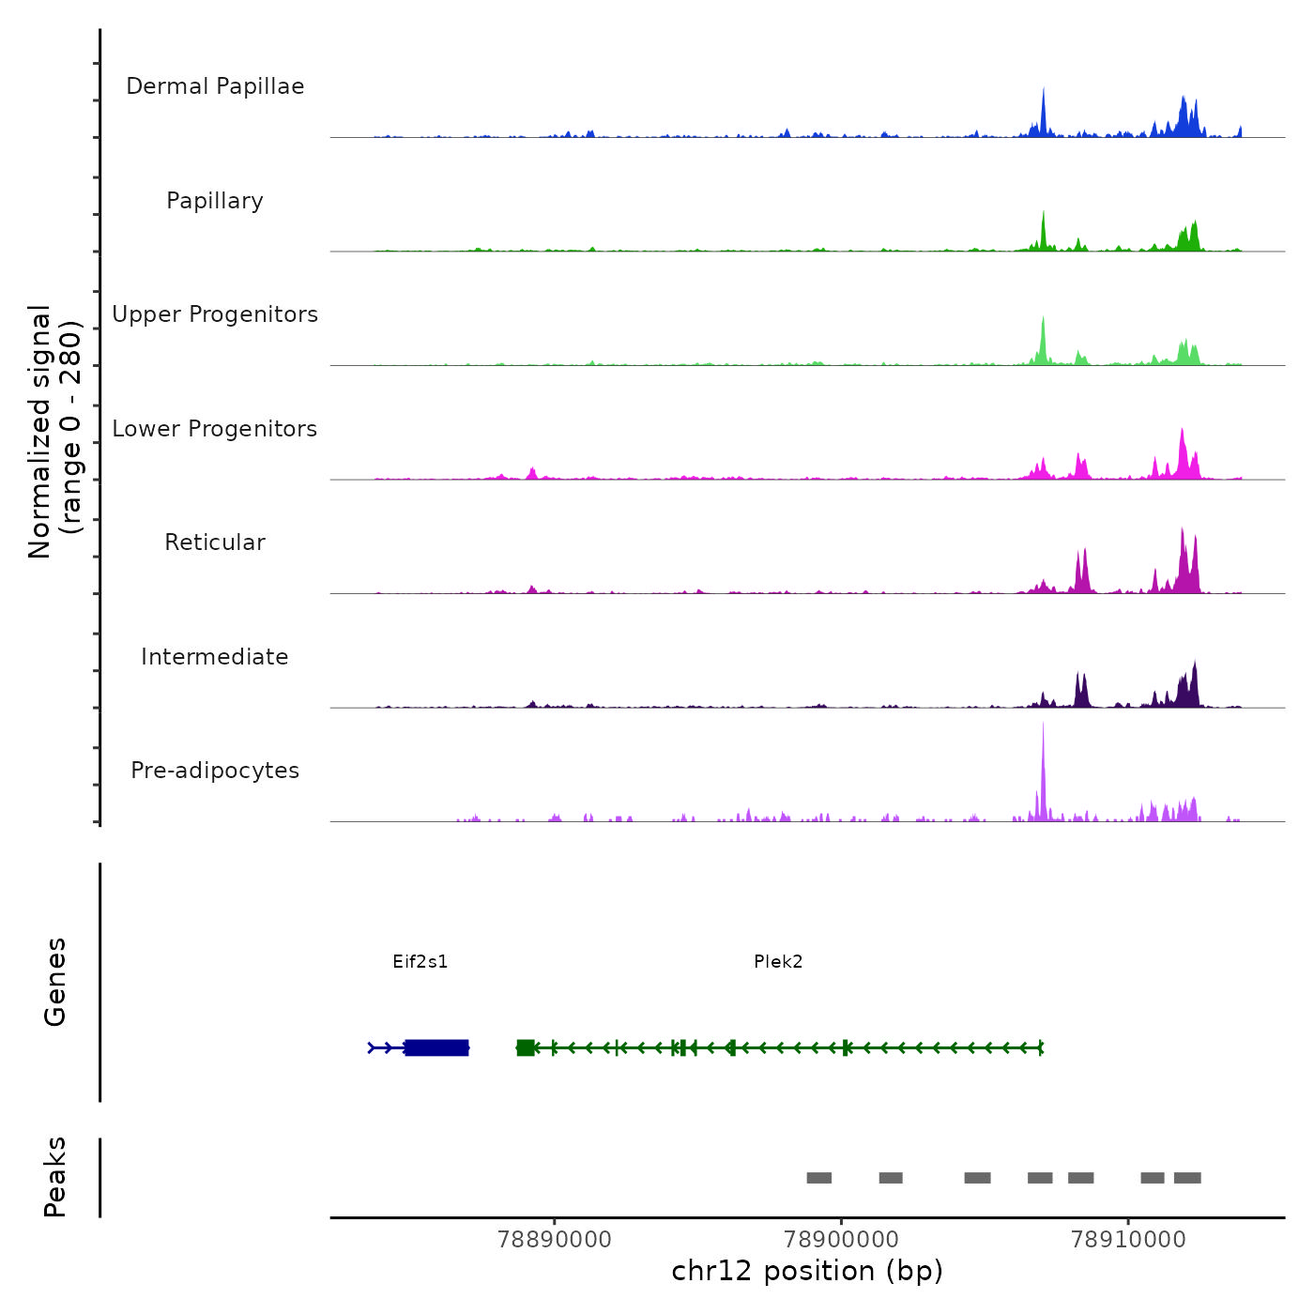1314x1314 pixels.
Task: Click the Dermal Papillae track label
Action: click(215, 86)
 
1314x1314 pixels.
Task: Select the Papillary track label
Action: click(215, 201)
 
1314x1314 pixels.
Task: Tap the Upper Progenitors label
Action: click(215, 314)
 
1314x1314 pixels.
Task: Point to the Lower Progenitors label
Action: click(215, 429)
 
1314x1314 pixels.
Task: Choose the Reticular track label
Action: click(215, 542)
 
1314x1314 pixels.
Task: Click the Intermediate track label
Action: click(215, 657)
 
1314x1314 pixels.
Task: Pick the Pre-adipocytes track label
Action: click(215, 771)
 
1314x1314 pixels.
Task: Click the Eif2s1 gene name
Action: click(420, 962)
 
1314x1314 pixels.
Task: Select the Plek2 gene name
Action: click(778, 962)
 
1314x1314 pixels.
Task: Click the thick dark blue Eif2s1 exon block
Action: click(436, 1047)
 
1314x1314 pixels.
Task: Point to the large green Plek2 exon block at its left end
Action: click(526, 1047)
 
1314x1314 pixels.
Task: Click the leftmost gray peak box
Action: click(819, 1178)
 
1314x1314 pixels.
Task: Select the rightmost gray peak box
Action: click(1187, 1178)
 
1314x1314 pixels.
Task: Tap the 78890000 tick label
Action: click(555, 1240)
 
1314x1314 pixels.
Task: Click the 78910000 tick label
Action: click(1128, 1240)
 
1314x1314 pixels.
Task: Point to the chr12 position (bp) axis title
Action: click(807, 1271)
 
